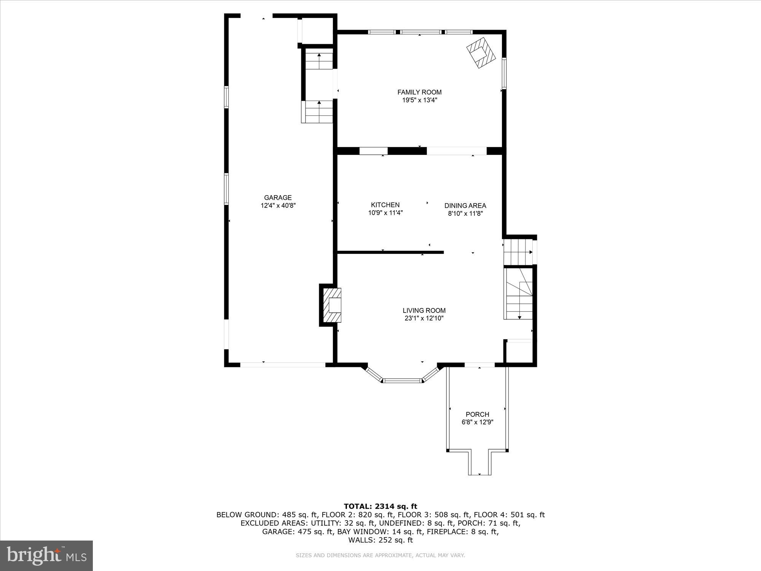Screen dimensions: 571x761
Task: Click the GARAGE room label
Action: click(278, 197)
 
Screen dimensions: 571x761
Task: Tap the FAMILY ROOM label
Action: click(419, 92)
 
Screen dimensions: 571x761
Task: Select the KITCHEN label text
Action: click(385, 205)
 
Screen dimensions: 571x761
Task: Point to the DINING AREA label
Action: click(465, 206)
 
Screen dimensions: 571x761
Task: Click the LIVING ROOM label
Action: click(424, 310)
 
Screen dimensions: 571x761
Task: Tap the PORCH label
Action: click(477, 414)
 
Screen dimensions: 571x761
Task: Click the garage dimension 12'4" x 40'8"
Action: click(278, 206)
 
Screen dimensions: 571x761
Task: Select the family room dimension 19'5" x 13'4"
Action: click(419, 100)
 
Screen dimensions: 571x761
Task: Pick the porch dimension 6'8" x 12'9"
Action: click(477, 422)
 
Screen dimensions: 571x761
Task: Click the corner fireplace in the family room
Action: click(481, 53)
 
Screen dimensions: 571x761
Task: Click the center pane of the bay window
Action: click(402, 380)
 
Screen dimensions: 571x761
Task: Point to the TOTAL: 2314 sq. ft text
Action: click(380, 506)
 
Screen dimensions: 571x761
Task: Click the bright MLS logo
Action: click(46, 556)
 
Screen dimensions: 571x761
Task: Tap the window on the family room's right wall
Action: click(504, 73)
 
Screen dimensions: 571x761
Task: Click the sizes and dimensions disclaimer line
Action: click(380, 555)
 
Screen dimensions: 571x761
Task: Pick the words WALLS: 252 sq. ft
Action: click(380, 540)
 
